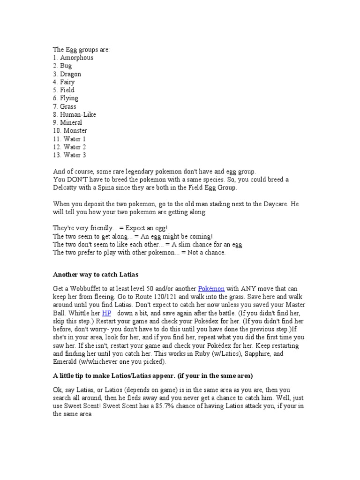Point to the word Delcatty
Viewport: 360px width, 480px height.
pyautogui.click(x=65, y=187)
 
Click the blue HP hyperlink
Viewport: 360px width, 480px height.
pyautogui.click(x=106, y=313)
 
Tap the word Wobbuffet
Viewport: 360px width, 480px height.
pyautogui.click(x=82, y=288)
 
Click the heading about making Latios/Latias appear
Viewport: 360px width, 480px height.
pyautogui.click(x=153, y=376)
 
